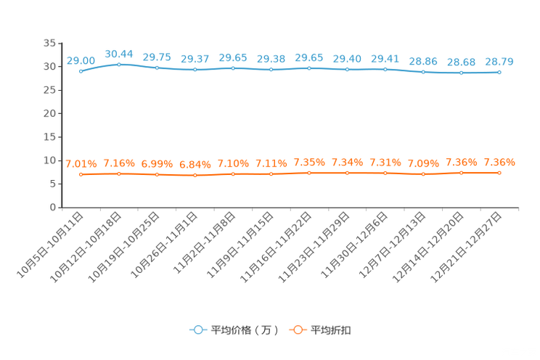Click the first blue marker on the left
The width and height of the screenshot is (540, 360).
(x=81, y=71)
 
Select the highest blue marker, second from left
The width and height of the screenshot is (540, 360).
(x=119, y=64)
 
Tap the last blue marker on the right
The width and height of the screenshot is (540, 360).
(x=499, y=73)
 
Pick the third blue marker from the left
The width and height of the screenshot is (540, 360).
(x=157, y=67)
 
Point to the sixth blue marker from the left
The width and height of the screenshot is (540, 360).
(x=271, y=70)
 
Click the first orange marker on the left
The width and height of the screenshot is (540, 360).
(x=81, y=174)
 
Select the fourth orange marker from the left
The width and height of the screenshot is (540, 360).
(x=195, y=175)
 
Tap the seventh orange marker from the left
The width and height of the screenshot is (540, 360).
(x=309, y=173)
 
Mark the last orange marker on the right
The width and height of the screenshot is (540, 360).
(x=499, y=173)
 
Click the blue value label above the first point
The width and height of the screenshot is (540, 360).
(x=81, y=60)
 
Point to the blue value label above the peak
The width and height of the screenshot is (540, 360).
(x=119, y=53)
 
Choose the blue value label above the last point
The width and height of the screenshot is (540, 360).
(x=499, y=62)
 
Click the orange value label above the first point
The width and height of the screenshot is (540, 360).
(x=81, y=163)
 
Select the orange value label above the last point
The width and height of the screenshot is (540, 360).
(x=499, y=163)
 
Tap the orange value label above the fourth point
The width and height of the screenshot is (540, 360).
(x=195, y=164)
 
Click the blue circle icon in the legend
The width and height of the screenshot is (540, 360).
(x=197, y=330)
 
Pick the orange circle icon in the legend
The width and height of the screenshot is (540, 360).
(x=298, y=330)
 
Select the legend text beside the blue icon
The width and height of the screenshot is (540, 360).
(x=245, y=330)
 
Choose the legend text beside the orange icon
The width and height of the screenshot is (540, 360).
(x=332, y=330)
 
